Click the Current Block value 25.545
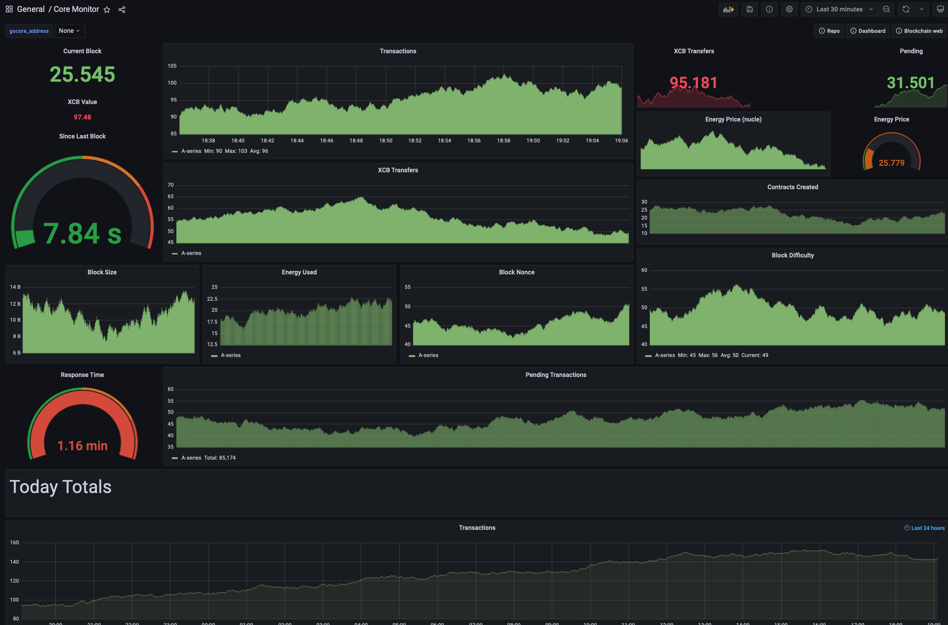pos(82,75)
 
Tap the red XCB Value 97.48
pos(82,118)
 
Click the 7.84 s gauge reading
pos(82,234)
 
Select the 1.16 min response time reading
pos(82,446)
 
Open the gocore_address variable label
pos(29,31)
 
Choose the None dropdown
pos(69,31)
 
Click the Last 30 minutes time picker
pos(839,9)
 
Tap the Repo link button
pos(829,31)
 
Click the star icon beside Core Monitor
pos(107,9)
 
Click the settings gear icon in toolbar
pos(789,9)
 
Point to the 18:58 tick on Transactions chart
pos(503,141)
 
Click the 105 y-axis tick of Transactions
pos(172,66)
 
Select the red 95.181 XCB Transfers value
pos(694,83)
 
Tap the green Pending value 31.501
pos(911,83)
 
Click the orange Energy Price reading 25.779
pos(891,163)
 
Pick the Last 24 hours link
pos(925,528)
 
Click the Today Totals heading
pos(61,487)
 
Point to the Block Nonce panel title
pos(516,272)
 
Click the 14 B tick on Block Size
pos(15,287)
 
